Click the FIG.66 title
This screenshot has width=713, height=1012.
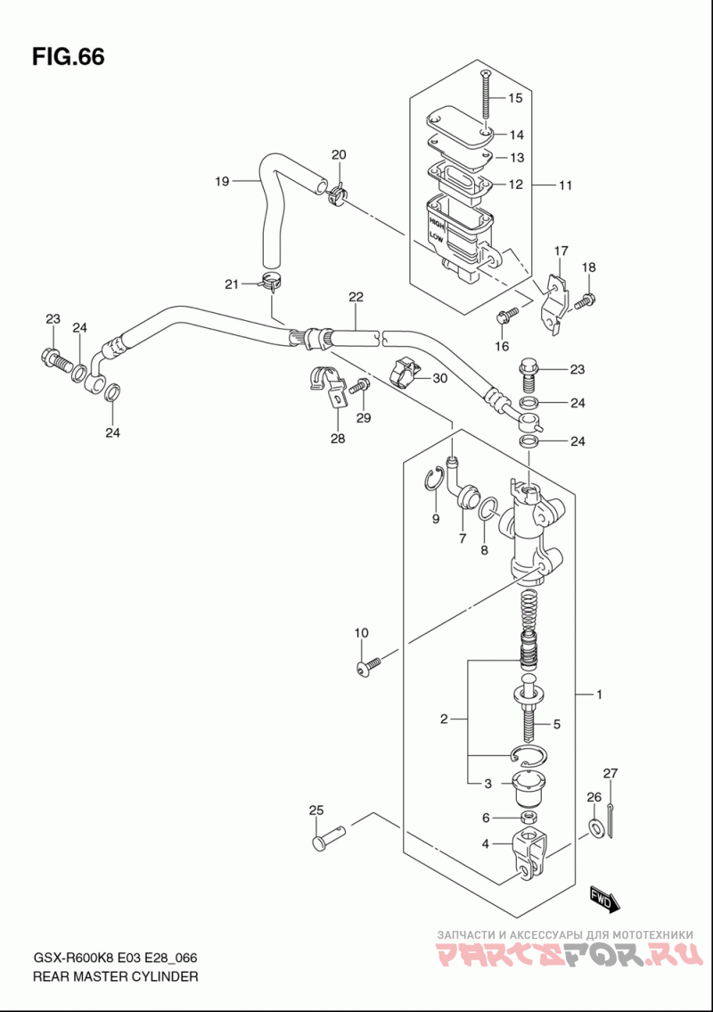(x=68, y=57)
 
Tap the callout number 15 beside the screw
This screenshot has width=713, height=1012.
(x=515, y=98)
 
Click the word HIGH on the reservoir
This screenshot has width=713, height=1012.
(x=437, y=224)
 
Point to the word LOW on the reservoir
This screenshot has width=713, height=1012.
(x=436, y=237)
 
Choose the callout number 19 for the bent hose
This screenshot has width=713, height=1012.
(x=222, y=181)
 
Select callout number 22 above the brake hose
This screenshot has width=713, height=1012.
(x=356, y=297)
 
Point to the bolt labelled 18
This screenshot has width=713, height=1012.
(x=586, y=300)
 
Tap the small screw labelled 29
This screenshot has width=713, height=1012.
(x=359, y=387)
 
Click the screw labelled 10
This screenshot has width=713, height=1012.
(x=368, y=665)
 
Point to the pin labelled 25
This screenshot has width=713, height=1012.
(x=329, y=836)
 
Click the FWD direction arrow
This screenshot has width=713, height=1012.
(x=604, y=899)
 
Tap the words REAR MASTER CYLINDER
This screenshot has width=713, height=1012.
(x=116, y=976)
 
